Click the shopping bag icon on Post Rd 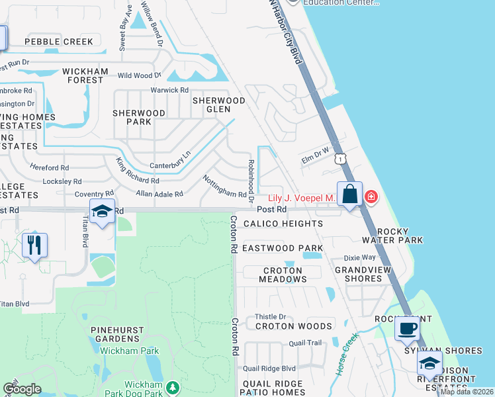(x=349, y=195)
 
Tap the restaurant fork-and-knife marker (x=34, y=245)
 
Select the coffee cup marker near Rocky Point (x=408, y=328)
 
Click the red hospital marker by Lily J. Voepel (x=371, y=197)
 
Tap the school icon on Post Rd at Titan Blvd (x=102, y=212)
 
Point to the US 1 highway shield (x=340, y=159)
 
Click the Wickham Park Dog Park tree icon (x=173, y=386)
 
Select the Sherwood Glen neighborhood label (x=218, y=105)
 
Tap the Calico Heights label (x=283, y=224)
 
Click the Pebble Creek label (x=59, y=42)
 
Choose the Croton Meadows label (x=283, y=275)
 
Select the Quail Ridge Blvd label (x=269, y=368)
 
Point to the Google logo (x=22, y=389)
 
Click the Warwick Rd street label (x=169, y=90)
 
